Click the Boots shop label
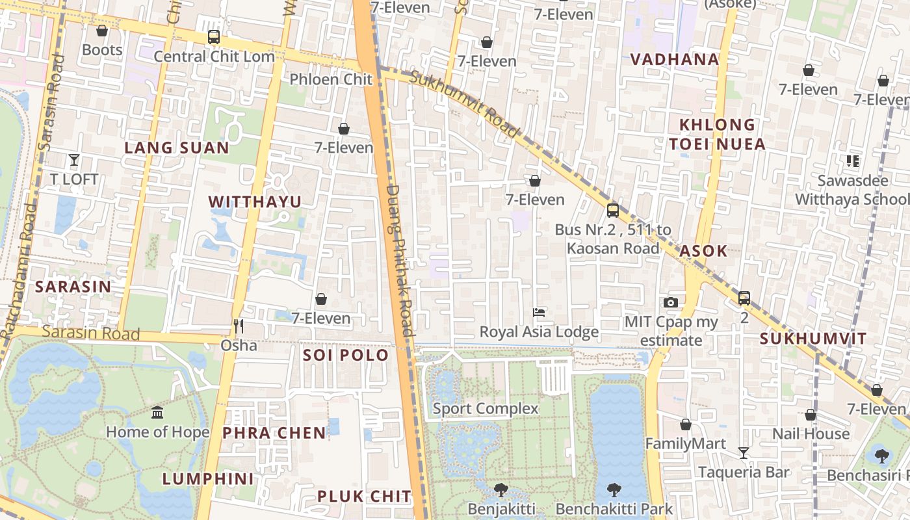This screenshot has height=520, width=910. pos(102,50)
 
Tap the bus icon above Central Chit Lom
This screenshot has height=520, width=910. pos(213,37)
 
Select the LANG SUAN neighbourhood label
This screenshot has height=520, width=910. pos(177,148)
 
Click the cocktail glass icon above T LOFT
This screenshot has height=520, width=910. pos(74,159)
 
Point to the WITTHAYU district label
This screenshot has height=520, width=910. pos(255,202)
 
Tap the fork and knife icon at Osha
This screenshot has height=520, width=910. pos(239,326)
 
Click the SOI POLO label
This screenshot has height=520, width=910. pos(346,356)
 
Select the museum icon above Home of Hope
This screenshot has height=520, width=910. pos(157,412)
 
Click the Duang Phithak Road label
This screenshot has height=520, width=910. pos(399,260)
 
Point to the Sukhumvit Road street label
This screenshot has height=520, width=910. pos(465,104)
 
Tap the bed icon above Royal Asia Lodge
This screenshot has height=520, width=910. pos(539,313)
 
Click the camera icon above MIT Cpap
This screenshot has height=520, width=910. pos(671,302)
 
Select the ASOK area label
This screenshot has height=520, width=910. pos(703,252)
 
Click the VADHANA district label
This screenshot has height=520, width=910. pos(675,60)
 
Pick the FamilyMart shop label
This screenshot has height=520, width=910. pos(685,444)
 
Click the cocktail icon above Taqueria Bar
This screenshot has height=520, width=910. pos(744,452)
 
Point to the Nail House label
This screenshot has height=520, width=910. pos(811,434)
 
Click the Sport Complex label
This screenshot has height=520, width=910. pos(486,409)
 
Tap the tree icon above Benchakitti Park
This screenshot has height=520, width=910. pos(614,489)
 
